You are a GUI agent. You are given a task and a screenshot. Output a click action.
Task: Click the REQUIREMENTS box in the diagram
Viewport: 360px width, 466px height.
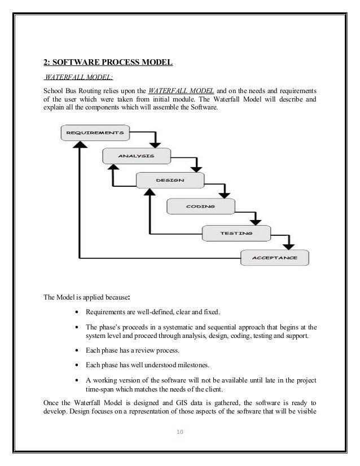point(95,133)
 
